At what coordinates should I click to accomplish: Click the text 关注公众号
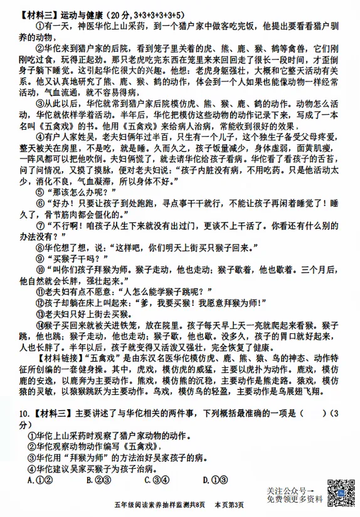[x=289, y=490]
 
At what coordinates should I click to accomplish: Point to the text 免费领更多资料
[x=294, y=499]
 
